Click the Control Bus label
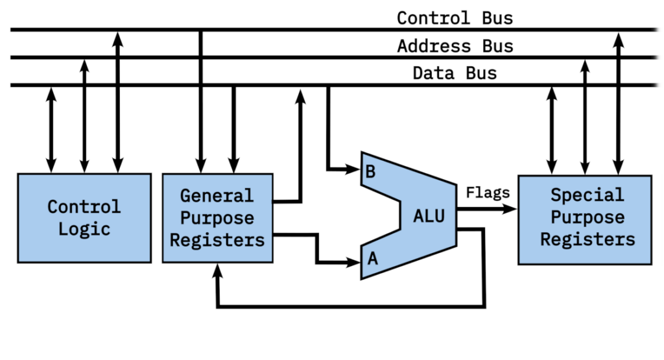point(455,18)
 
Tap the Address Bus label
point(455,46)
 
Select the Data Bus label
point(455,73)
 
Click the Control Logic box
point(84,218)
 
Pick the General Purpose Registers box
point(217,218)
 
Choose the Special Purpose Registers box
point(584,218)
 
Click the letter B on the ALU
point(371,172)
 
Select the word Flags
point(488,192)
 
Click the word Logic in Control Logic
point(84,229)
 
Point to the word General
point(217,196)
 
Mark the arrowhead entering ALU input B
point(355,171)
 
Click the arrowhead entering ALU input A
point(355,262)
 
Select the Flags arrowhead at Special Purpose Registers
point(512,209)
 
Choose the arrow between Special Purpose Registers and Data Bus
point(552,130)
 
